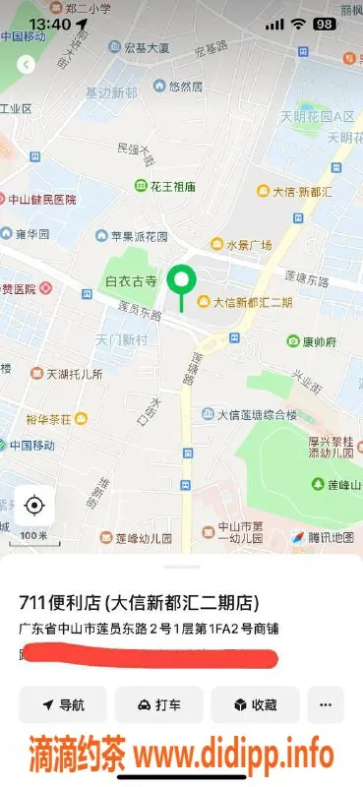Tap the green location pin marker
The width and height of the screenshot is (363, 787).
181,281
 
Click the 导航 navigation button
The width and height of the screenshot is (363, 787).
62,704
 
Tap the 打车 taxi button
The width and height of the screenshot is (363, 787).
158,704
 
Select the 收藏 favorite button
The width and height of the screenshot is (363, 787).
255,704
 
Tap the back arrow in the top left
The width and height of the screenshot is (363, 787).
27,65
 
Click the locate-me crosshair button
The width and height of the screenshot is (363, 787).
34,506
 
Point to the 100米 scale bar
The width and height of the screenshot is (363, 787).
34,536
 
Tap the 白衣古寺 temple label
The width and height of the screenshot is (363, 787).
131,281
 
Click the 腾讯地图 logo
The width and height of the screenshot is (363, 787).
324,537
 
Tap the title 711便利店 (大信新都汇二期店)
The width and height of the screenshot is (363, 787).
143,603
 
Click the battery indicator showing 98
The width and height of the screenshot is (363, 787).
324,23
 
